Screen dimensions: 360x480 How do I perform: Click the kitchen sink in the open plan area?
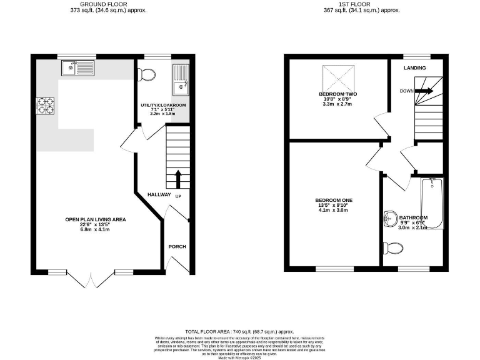77,68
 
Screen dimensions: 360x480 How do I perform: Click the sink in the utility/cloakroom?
182,77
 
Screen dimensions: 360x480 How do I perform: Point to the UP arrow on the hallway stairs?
178,178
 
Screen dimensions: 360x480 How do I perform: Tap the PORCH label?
177,247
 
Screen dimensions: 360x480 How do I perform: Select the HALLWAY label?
159,195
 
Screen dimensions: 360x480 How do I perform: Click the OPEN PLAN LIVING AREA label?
96,219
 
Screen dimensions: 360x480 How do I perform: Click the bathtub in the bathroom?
432,202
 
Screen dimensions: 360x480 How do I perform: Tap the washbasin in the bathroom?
390,219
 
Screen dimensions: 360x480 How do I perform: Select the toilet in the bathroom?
394,249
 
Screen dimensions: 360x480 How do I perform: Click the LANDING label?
415,68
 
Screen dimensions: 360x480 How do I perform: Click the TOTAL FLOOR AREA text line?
239,332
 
